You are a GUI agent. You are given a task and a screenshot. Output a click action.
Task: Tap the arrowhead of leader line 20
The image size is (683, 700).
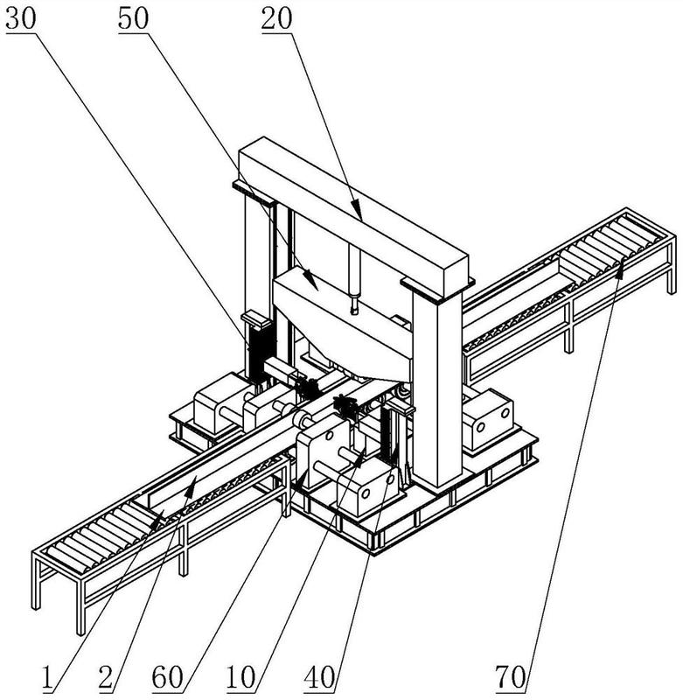click(359, 215)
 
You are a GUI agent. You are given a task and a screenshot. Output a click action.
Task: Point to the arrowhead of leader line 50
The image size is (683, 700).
click(315, 287)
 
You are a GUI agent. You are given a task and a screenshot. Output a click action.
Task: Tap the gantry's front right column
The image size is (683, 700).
click(436, 385)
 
